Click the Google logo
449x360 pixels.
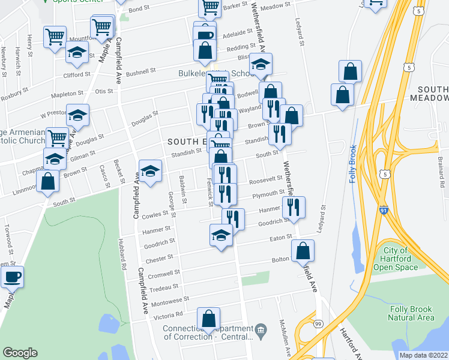20,353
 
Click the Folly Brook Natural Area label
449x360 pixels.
411,313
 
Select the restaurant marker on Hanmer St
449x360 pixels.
294,207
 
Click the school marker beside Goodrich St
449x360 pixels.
221,235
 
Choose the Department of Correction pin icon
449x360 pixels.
261,329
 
